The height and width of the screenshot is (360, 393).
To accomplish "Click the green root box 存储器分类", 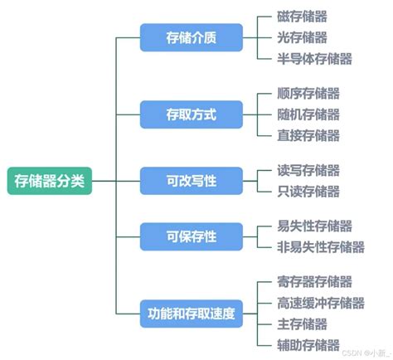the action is click(x=50, y=181).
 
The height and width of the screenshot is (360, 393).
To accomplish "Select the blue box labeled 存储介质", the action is click(x=192, y=37).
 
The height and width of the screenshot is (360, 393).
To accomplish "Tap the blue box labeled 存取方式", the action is click(x=192, y=114).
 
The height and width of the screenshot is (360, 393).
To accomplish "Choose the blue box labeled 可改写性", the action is click(x=192, y=181).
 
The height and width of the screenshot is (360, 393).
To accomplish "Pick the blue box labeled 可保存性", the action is click(x=192, y=236).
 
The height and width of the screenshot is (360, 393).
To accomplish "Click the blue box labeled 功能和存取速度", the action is click(x=192, y=314).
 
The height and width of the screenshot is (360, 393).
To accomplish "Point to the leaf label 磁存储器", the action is click(x=302, y=17).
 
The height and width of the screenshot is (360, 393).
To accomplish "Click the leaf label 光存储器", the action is click(x=302, y=37).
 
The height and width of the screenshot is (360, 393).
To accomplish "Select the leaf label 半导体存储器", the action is click(x=314, y=59).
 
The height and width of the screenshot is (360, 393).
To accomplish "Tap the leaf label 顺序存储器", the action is click(x=308, y=93).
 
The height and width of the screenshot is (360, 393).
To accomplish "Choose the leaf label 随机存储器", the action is click(x=308, y=114).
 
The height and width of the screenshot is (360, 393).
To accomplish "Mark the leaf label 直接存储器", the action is click(x=308, y=135).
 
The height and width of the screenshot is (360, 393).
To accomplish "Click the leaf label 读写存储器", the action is click(x=308, y=170).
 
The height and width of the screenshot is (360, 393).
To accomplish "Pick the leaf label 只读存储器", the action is click(x=308, y=192).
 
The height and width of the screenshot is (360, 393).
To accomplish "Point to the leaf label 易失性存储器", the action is click(x=314, y=226).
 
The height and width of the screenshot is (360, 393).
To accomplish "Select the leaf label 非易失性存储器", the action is click(x=321, y=247).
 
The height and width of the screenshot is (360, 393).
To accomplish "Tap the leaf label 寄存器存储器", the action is click(x=314, y=282).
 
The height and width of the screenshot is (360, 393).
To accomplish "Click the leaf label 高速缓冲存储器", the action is click(x=321, y=303).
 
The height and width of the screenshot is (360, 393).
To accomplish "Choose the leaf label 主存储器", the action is click(x=302, y=324).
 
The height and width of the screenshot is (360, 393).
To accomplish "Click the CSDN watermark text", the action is click(x=366, y=353).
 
